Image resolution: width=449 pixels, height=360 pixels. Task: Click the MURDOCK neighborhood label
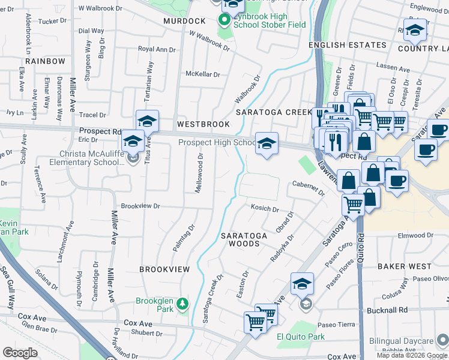coord(185,21)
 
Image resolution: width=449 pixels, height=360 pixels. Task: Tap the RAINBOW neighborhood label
coord(46,61)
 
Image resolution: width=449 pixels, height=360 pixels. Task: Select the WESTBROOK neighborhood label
coord(203,124)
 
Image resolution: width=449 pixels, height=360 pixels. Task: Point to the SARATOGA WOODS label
coord(244,240)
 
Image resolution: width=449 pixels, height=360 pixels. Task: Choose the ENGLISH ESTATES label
coord(348,45)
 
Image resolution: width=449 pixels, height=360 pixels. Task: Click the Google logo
coord(20,353)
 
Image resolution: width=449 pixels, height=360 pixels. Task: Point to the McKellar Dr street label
coord(202,74)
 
